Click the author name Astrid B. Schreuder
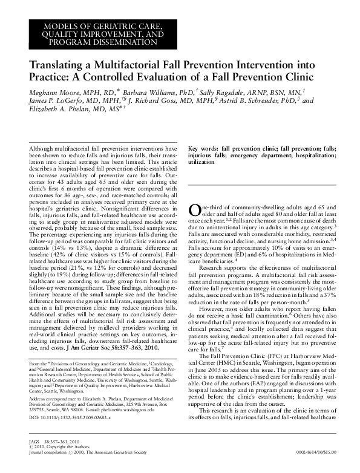tap(263, 100)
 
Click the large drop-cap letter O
tap(195, 210)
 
